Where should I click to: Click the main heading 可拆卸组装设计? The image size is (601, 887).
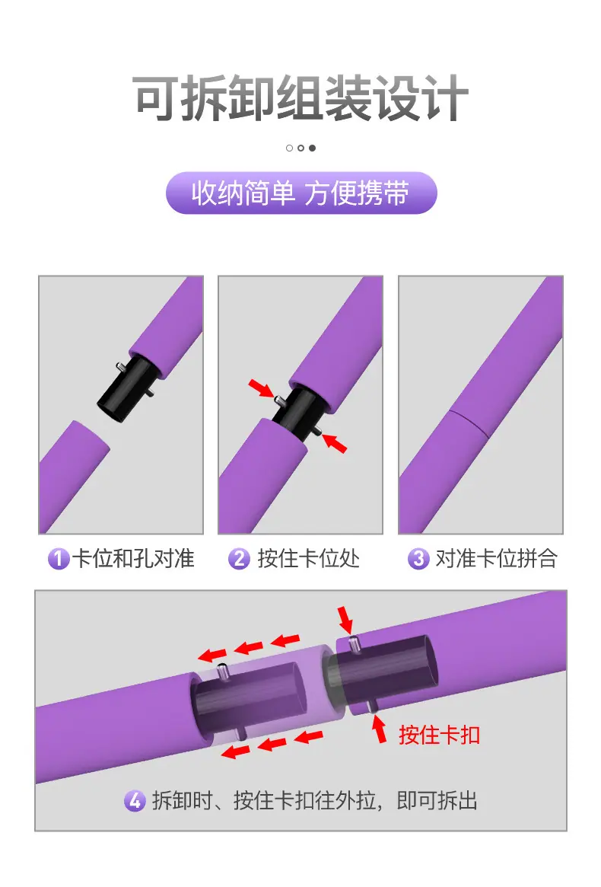pos(300,98)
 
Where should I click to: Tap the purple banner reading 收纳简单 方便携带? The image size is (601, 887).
pos(300,193)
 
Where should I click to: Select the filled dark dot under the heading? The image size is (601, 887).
pos(312,148)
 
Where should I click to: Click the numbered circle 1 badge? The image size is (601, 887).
pos(58,559)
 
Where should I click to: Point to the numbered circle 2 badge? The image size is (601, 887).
pos(239,559)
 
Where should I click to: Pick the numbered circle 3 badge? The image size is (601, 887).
pos(418,559)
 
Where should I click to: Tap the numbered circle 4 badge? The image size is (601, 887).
pos(135,800)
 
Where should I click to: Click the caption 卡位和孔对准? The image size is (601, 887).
pos(133,559)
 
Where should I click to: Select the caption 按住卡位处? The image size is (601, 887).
pos(309,559)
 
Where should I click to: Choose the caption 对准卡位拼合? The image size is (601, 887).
pos(497,559)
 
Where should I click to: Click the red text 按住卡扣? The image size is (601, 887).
pos(439,735)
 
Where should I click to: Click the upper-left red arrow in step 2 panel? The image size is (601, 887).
pos(261,388)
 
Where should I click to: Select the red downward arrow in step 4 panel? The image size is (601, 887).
pos(345,620)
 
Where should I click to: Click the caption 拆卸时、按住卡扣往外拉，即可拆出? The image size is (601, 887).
pos(315,800)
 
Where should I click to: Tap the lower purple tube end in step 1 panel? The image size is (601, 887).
pos(74,475)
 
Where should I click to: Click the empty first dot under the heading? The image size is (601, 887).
pos(290,148)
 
